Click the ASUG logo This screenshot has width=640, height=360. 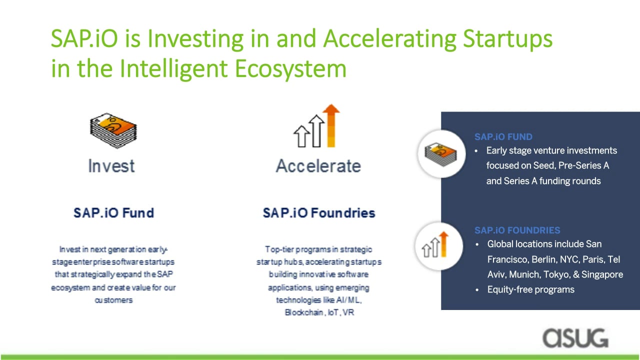pos(575,338)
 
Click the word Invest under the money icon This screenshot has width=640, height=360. pos(111,166)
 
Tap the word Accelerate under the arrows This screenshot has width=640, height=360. pos(318,166)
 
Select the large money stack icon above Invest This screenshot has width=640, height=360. pos(113,130)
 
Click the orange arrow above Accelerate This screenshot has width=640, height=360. pos(331,125)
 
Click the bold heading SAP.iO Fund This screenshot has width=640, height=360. pos(113,213)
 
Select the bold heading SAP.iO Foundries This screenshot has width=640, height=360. pos(319,213)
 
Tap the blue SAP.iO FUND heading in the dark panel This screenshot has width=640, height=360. pos(503,137)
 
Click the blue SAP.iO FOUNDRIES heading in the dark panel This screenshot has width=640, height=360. pos(517,230)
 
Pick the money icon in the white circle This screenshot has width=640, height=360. pos(440,154)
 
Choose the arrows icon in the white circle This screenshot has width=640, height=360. pos(435,244)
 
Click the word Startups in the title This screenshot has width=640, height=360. pos(507,39)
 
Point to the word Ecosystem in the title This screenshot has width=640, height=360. pos(291,69)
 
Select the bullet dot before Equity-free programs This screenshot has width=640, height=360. pos(477,290)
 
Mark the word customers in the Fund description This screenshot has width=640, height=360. pos(113,300)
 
